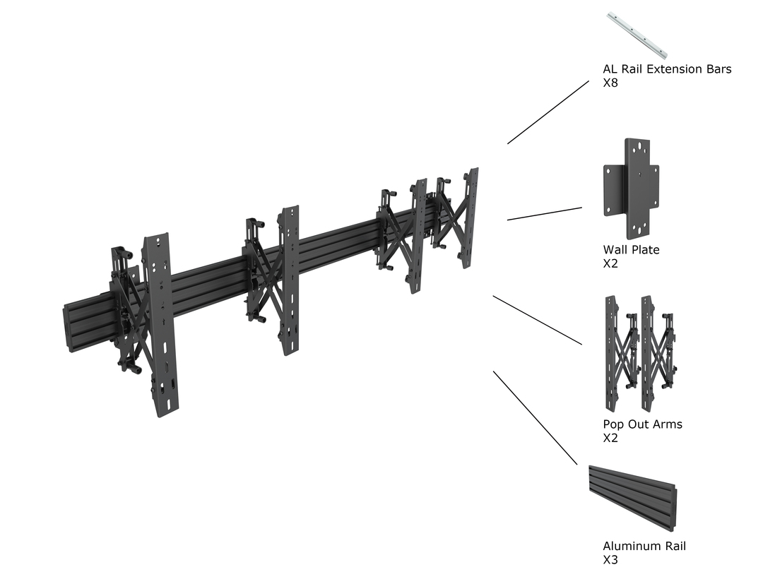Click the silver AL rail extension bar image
pyautogui.click(x=637, y=35)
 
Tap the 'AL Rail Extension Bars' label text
pyautogui.click(x=667, y=69)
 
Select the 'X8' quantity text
pyautogui.click(x=610, y=83)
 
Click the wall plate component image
pyautogui.click(x=631, y=188)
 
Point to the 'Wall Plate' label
pyautogui.click(x=631, y=249)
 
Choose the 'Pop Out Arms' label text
pyautogui.click(x=642, y=424)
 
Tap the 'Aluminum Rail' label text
pyautogui.click(x=644, y=546)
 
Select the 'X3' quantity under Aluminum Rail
pyautogui.click(x=610, y=560)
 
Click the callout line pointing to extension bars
pyautogui.click(x=548, y=112)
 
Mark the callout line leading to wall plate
pyautogui.click(x=544, y=214)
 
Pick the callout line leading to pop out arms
pyautogui.click(x=537, y=320)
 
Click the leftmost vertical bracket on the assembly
pyautogui.click(x=160, y=325)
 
